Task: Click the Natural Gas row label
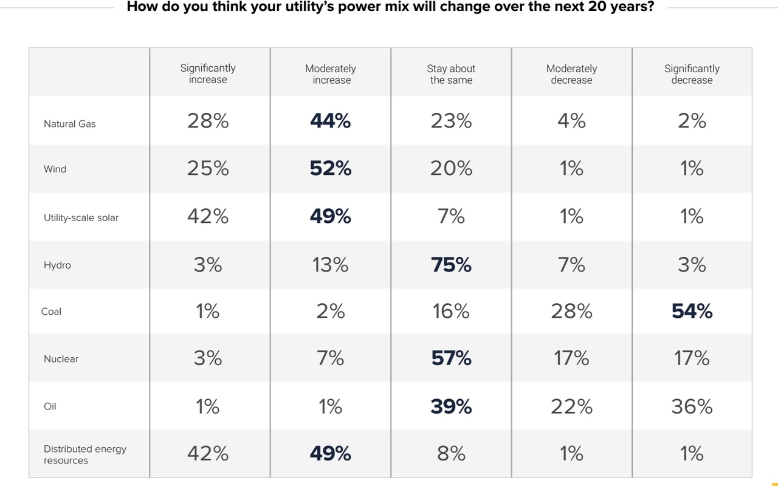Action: tap(69, 124)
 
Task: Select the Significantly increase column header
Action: tap(208, 74)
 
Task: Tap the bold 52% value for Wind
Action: tap(331, 168)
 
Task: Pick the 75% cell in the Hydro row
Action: tap(451, 265)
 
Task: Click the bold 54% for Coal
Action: tap(692, 311)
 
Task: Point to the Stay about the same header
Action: tap(451, 74)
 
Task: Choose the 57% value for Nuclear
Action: tap(451, 358)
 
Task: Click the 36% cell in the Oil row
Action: tap(692, 406)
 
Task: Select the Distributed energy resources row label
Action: tap(85, 454)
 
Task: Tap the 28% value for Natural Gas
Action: tap(208, 121)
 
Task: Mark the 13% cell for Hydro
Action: tap(331, 265)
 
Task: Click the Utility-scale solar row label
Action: tap(81, 217)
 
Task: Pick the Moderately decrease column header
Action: tap(571, 74)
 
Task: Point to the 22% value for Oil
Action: tap(571, 406)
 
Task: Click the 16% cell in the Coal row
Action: tap(451, 311)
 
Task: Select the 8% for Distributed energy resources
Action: tap(451, 453)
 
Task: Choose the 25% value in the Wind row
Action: tap(208, 168)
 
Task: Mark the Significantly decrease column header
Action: tap(692, 74)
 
